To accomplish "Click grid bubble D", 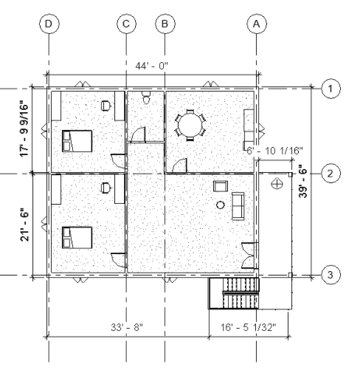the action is [x=49, y=24].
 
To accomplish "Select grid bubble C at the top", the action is [x=126, y=24].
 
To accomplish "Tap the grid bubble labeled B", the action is [x=165, y=24].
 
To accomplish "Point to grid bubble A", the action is [x=257, y=24].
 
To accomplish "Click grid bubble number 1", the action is [x=330, y=89].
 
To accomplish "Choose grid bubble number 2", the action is [x=330, y=174].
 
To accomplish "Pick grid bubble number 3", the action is [x=330, y=275].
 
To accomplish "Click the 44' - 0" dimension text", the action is [x=151, y=66].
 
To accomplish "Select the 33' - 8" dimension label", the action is [x=127, y=327].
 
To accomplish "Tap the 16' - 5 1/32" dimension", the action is [x=248, y=327].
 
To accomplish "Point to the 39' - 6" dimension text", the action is [x=303, y=181].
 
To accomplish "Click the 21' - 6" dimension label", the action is [x=25, y=225].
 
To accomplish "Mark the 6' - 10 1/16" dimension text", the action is [x=274, y=151].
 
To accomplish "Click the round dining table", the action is [x=191, y=125].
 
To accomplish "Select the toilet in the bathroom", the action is [x=147, y=98].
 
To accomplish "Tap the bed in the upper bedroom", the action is [x=77, y=141].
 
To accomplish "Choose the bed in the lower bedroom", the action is [x=77, y=238].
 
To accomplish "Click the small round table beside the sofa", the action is [x=221, y=205].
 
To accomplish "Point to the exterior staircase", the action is [x=234, y=293].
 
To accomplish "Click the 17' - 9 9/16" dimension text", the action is [x=25, y=129].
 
